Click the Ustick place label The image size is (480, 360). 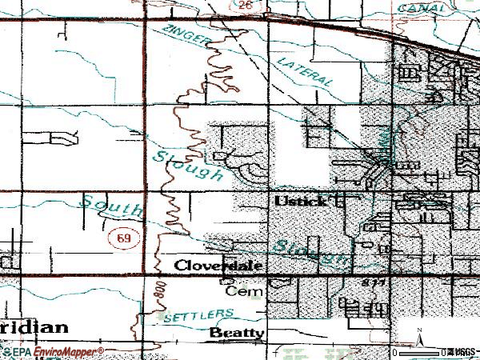coord(301,200)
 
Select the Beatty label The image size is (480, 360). coord(237,332)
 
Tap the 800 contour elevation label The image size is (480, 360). coord(158,292)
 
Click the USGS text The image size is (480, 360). coord(462,352)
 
